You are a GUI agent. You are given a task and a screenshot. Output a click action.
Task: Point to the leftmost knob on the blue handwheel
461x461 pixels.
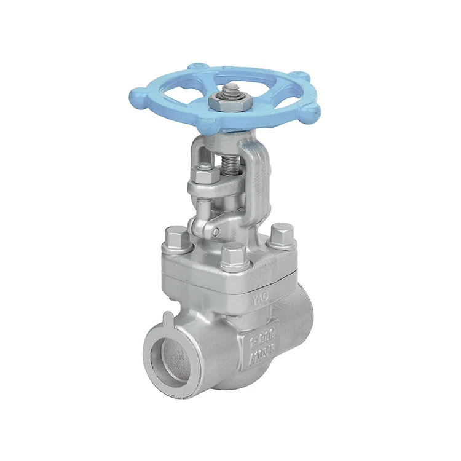click(x=136, y=96)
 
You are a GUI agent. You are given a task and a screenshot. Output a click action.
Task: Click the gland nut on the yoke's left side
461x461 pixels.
click(x=203, y=176)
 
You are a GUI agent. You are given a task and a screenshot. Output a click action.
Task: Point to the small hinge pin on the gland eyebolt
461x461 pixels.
click(x=216, y=231)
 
